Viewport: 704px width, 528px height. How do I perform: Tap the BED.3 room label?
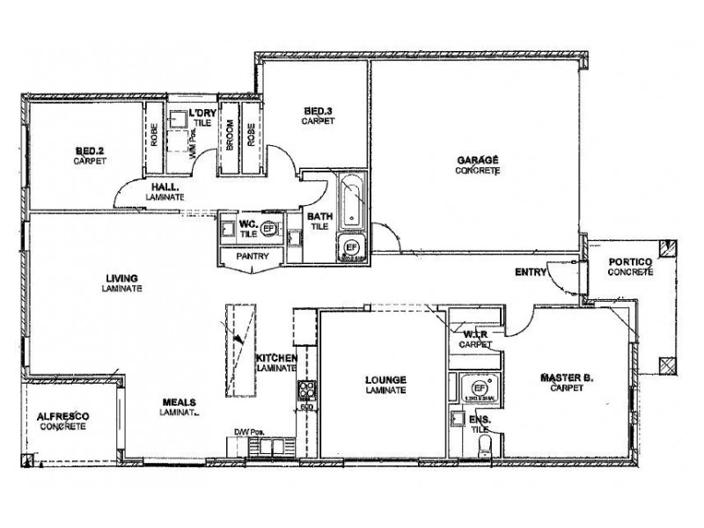coord(316,112)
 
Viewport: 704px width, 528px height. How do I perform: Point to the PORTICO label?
coord(629,261)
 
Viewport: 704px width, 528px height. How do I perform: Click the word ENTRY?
coord(531,272)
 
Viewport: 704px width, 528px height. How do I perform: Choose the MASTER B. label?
coord(566,378)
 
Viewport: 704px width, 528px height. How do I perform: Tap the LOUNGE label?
coord(385,380)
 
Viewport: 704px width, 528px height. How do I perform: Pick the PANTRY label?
coord(251,256)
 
